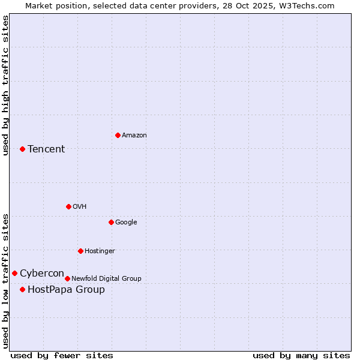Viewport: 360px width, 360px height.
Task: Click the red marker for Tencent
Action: coord(22,149)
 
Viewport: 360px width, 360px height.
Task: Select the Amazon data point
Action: coord(118,135)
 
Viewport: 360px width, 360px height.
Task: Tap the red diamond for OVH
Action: coord(68,206)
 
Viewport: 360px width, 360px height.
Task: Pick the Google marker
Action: coord(111,222)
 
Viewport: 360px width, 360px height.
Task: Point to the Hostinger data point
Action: coord(80,251)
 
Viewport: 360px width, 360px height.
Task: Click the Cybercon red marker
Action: coord(14,274)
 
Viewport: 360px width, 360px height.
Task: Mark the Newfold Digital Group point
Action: coord(67,278)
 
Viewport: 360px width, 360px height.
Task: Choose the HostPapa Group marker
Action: coord(22,289)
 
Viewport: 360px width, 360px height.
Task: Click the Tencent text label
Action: coord(46,149)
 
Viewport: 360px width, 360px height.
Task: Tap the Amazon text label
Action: coord(134,135)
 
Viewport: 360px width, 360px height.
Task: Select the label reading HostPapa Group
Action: coord(66,290)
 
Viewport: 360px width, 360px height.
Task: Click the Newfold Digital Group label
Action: coord(106,278)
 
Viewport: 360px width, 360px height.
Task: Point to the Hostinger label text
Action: coord(100,251)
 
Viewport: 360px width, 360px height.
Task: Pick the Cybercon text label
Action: coord(42,274)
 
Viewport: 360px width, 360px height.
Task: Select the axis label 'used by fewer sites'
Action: coord(62,355)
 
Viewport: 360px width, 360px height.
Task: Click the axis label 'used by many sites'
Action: coord(301,355)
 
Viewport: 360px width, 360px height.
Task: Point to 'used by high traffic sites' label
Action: coord(6,85)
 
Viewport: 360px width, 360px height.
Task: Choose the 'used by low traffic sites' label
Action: coord(6,281)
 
